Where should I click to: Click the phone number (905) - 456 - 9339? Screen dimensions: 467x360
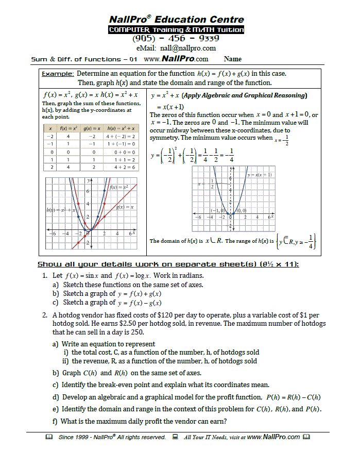coord(176,38)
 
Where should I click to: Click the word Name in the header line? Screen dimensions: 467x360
coord(233,59)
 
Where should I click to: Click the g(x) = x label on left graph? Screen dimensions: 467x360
coord(125,207)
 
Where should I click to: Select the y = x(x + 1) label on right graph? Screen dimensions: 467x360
coord(260,175)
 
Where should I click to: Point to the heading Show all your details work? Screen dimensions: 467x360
coord(168,264)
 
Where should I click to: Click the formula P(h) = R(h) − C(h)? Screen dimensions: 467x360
coord(293,397)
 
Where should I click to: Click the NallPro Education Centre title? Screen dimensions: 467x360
coord(176,20)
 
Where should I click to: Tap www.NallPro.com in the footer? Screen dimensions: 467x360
coord(273,437)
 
